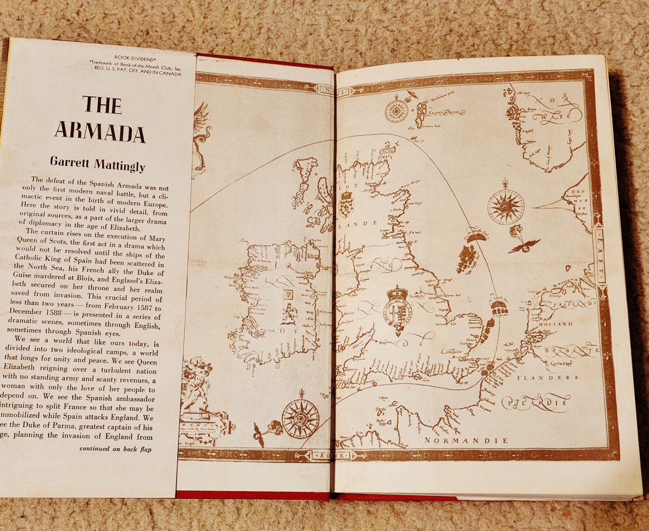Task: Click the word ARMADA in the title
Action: [x=100, y=132]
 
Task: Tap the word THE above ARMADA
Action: [x=102, y=105]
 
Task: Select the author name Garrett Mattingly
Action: [x=98, y=164]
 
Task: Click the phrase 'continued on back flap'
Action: [x=115, y=449]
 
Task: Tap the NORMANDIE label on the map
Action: [x=466, y=441]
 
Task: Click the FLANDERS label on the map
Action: [x=548, y=378]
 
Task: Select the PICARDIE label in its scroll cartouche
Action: [x=535, y=402]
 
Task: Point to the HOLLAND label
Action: [x=555, y=324]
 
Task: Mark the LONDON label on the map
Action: [x=451, y=351]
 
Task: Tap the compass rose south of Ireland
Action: [x=301, y=417]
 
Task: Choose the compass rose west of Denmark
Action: [x=505, y=206]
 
